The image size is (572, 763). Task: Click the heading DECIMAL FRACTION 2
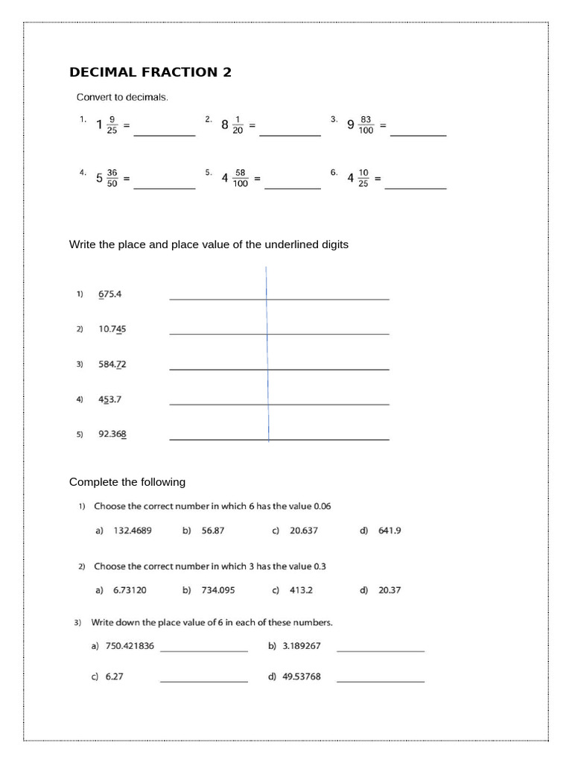point(150,72)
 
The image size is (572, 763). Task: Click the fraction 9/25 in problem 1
point(112,124)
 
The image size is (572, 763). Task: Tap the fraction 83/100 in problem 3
point(366,124)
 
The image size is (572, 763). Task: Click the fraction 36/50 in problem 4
point(112,179)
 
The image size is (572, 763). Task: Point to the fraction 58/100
point(240,179)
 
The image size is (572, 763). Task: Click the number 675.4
point(109,294)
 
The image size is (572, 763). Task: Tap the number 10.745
point(112,329)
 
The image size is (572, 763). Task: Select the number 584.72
point(112,364)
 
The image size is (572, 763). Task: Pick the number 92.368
point(112,434)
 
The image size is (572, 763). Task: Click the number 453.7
point(109,399)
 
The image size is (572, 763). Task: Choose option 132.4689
point(132,531)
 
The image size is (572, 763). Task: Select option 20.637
point(304,531)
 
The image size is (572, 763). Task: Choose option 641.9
point(390,531)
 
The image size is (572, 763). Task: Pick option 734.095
point(218,590)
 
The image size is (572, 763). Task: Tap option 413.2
point(301,590)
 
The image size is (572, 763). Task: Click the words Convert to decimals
point(122,97)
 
